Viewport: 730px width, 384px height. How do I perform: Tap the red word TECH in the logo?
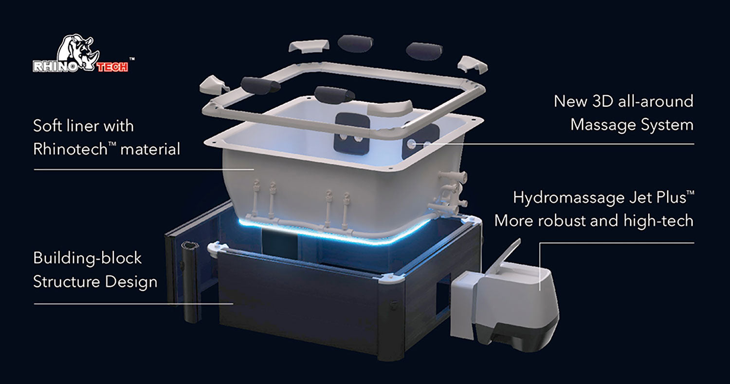click(112, 67)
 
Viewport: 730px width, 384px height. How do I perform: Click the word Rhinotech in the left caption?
click(71, 150)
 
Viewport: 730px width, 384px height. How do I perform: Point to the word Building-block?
click(87, 258)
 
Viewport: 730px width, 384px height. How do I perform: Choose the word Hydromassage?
click(569, 198)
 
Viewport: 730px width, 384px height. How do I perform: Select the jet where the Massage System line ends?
click(411, 143)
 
